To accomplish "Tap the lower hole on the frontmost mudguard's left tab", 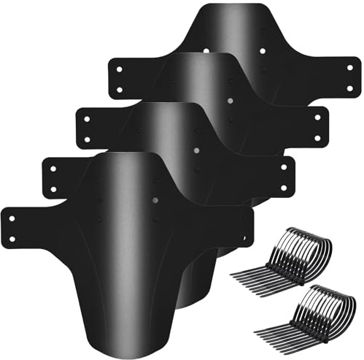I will coord(12,237).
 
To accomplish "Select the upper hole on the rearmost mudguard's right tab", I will coord(349,68).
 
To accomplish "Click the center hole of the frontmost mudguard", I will coord(155,199).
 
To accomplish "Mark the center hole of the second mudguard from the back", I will coord(229,99).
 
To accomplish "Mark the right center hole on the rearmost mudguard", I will coord(263,52).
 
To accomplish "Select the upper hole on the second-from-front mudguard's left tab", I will coord(53,168).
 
